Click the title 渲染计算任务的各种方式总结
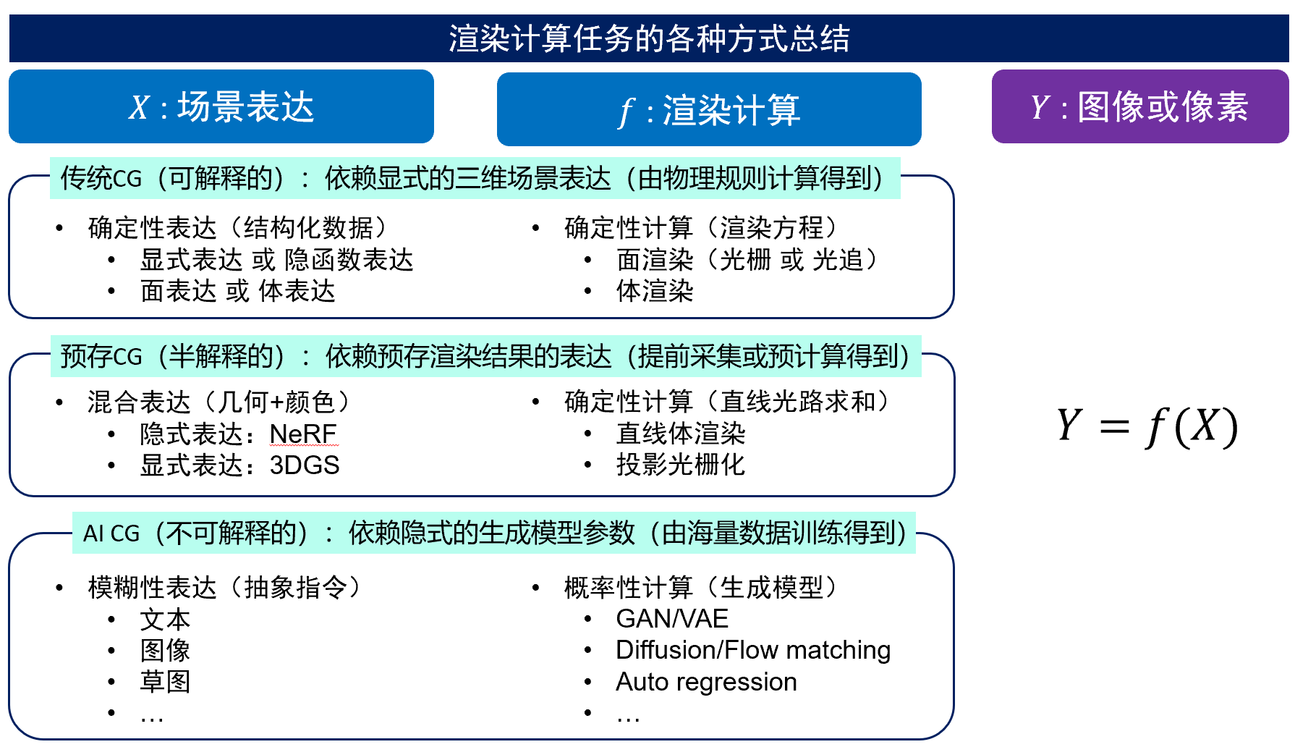click(x=649, y=38)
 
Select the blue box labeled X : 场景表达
click(x=221, y=106)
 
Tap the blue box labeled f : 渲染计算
click(x=709, y=109)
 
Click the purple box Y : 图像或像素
click(x=1140, y=106)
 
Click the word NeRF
click(x=303, y=434)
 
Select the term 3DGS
click(x=305, y=465)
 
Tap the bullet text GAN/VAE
click(x=672, y=619)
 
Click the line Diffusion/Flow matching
click(x=753, y=650)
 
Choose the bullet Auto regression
click(x=706, y=682)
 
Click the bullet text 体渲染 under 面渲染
click(x=655, y=291)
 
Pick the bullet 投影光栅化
click(x=680, y=465)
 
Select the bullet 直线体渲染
click(x=680, y=434)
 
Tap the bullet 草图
click(x=165, y=682)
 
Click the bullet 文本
click(x=165, y=620)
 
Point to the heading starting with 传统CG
click(x=475, y=178)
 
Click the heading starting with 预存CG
click(x=485, y=356)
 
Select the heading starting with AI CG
click(x=494, y=533)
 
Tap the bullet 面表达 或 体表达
click(x=237, y=291)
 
